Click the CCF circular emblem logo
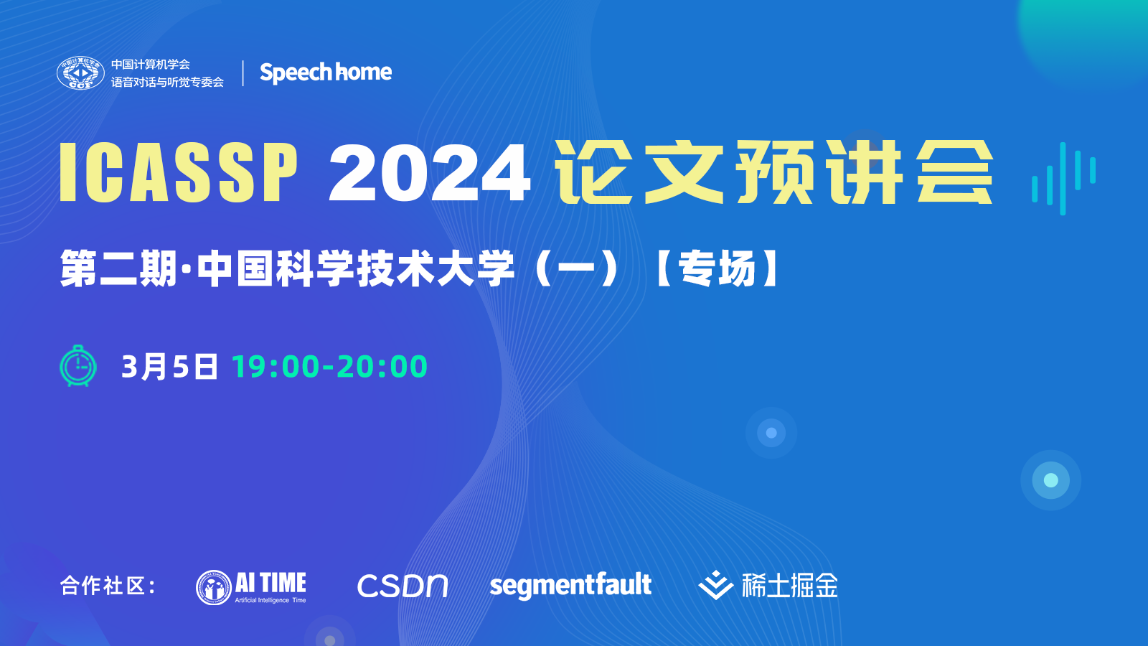[80, 72]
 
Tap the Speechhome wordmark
[326, 72]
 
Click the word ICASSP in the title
[179, 172]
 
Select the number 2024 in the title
[430, 172]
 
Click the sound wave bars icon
[1064, 179]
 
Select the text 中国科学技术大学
[356, 268]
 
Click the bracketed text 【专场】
[717, 268]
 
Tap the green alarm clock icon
[78, 365]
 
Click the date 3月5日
[169, 367]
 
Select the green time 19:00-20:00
[329, 367]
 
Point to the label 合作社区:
[108, 586]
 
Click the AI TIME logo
[251, 588]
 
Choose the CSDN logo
[403, 586]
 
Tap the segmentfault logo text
[570, 586]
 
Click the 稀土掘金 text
[790, 585]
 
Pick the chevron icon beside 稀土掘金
[716, 585]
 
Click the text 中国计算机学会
[151, 64]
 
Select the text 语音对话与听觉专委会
[168, 82]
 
